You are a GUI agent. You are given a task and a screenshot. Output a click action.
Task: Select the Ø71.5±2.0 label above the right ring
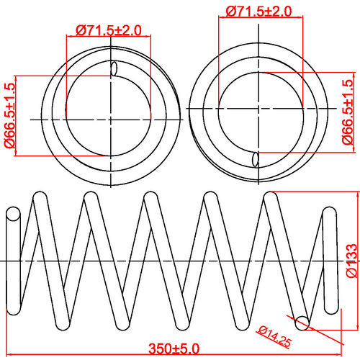(258, 12)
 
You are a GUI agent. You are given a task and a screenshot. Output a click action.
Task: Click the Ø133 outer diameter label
(351, 260)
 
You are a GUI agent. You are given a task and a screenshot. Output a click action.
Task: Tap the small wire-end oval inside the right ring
(256, 158)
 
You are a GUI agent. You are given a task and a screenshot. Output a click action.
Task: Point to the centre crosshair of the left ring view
(112, 117)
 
